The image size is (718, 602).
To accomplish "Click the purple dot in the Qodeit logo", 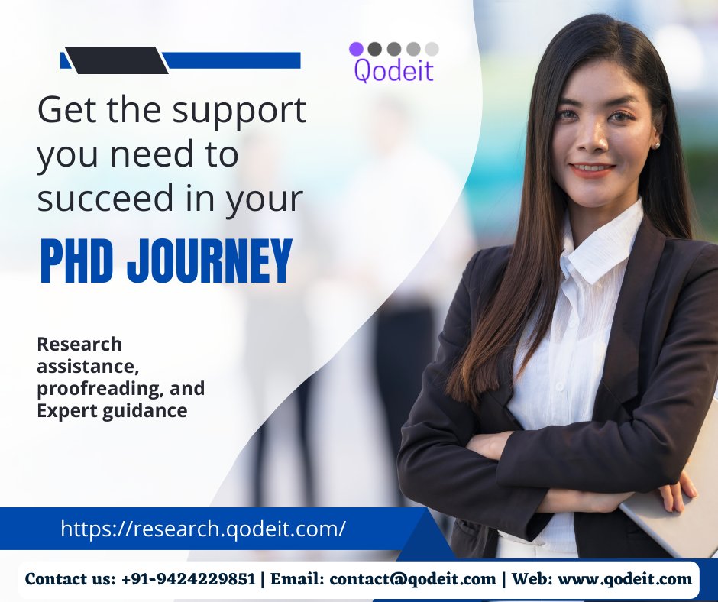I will click(356, 49).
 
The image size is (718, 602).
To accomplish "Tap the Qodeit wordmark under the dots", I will click(393, 71).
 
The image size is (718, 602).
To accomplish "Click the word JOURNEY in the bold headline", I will click(210, 262).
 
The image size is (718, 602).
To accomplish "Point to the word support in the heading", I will click(238, 112).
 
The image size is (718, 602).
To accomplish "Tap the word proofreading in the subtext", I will click(99, 388).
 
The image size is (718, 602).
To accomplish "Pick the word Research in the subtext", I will click(79, 345).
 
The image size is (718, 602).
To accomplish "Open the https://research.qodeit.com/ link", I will click(202, 528).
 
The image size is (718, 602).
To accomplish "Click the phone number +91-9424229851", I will click(188, 579).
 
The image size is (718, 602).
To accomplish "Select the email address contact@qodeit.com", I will click(412, 579).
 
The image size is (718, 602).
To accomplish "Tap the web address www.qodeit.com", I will click(625, 579).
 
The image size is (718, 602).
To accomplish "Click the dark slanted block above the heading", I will click(116, 60).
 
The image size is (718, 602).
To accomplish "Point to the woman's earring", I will click(655, 144).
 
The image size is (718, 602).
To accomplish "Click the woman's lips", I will click(593, 168).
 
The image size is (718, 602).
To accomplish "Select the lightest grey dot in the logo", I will click(432, 49).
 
